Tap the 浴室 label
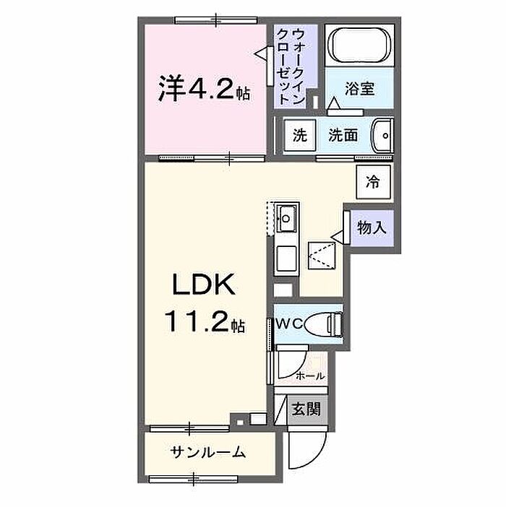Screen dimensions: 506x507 point(359,89)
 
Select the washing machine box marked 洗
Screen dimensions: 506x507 point(299,135)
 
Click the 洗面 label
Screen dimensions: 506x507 point(343,135)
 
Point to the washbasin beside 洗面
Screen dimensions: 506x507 point(382,136)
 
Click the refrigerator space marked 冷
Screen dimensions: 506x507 point(373,182)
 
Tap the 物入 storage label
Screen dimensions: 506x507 point(372,228)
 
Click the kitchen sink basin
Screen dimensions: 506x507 point(286,219)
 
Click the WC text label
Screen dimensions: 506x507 point(288,324)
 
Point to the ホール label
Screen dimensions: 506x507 point(310,376)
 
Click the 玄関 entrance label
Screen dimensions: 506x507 point(306,409)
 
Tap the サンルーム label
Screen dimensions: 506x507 point(207,452)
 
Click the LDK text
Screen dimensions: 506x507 point(204,285)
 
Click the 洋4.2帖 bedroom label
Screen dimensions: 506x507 point(204,89)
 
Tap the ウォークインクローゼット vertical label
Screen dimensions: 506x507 point(290,66)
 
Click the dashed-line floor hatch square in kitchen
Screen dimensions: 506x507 point(322,256)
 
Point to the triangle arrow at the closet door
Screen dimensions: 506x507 point(261,53)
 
